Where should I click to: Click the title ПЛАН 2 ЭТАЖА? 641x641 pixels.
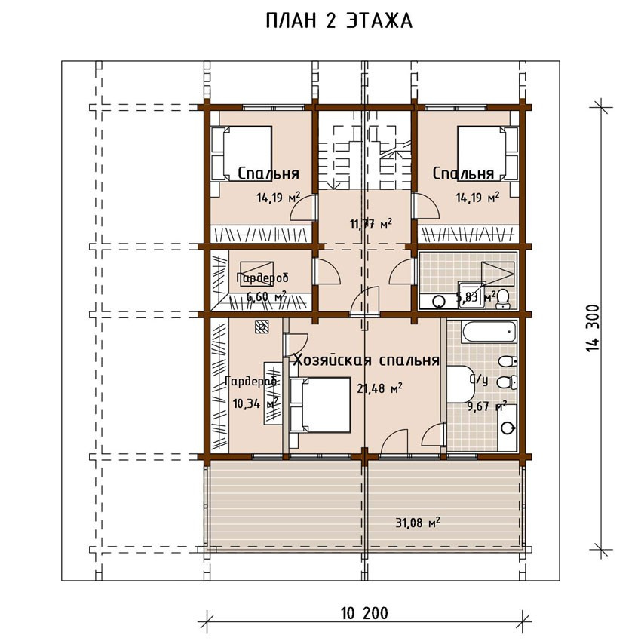[339, 21]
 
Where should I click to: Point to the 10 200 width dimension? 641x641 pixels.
[364, 614]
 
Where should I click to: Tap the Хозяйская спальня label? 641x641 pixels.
[367, 360]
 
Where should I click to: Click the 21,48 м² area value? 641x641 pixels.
[379, 388]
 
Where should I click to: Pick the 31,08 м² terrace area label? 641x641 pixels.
[418, 522]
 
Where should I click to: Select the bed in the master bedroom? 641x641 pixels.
[320, 405]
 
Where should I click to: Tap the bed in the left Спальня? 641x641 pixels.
[241, 153]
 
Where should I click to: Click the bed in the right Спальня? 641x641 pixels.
[488, 153]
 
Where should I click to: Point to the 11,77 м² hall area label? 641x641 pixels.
[371, 224]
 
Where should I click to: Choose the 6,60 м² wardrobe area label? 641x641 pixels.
[266, 296]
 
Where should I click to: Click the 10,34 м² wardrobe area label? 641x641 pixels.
[256, 404]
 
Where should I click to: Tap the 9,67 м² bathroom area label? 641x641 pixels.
[487, 406]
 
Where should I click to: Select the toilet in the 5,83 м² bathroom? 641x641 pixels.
[503, 299]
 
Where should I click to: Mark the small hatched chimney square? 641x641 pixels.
[262, 327]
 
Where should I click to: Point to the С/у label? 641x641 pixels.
[478, 380]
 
